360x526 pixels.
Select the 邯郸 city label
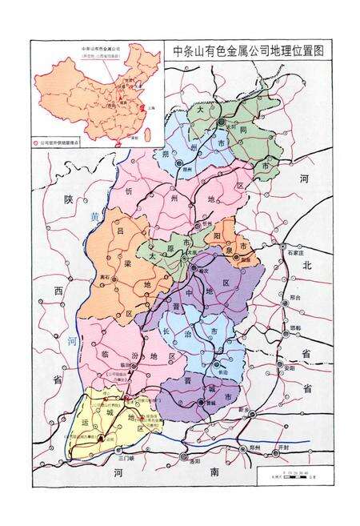(x=294, y=327)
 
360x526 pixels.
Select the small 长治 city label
(x=222, y=372)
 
